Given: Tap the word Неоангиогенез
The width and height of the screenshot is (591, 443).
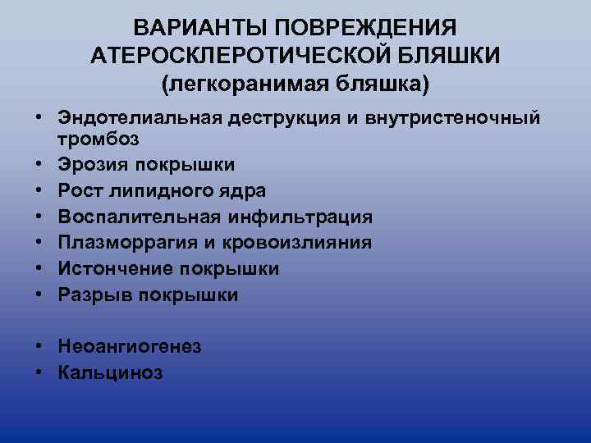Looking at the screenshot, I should [x=130, y=347].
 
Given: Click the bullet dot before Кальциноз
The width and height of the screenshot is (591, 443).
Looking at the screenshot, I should [x=39, y=373].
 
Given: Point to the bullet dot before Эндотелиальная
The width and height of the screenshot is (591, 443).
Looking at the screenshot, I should [x=39, y=119].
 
